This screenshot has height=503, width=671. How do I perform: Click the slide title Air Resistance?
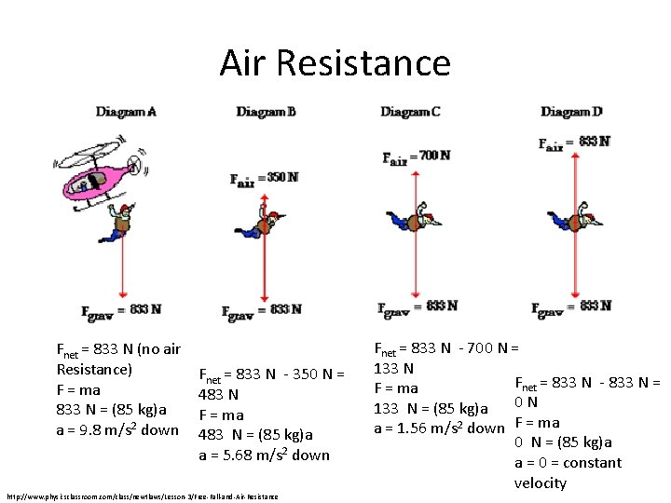335,63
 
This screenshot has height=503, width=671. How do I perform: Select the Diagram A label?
126,112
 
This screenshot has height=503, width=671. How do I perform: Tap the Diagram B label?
266,112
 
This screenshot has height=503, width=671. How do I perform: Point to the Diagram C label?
410,112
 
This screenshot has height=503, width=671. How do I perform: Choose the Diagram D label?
571,112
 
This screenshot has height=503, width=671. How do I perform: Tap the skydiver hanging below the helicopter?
121,222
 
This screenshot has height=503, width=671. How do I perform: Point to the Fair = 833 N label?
574,143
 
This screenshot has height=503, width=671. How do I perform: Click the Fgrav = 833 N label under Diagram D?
571,306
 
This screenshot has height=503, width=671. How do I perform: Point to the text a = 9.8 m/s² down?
117,429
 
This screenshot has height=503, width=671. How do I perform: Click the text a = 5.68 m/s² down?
265,455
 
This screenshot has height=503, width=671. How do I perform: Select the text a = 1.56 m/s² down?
439,428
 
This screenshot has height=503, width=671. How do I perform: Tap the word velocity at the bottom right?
540,483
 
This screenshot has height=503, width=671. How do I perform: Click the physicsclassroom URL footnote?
142,496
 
